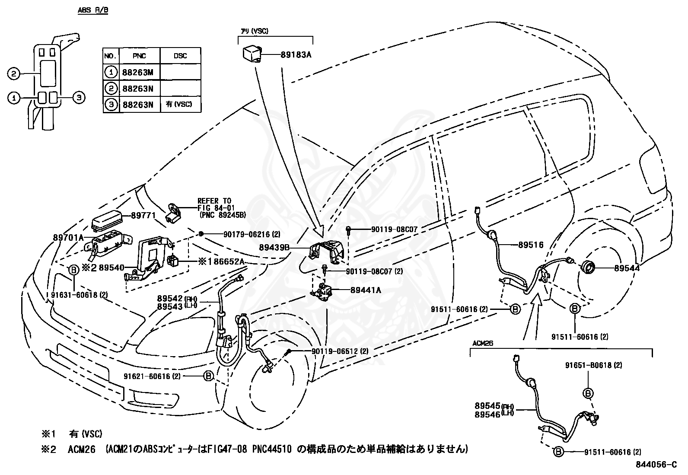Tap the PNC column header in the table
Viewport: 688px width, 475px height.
[139, 56]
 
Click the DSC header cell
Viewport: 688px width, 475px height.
[180, 56]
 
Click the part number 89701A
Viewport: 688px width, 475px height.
[69, 237]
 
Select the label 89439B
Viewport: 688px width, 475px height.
[274, 248]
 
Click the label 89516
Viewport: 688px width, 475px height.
[531, 245]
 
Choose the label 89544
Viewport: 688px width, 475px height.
[627, 268]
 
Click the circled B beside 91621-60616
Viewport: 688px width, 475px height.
[208, 376]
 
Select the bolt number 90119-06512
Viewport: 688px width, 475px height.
[335, 351]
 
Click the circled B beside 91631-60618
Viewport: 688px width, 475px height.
[73, 270]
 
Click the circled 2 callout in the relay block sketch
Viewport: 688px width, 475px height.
[14, 74]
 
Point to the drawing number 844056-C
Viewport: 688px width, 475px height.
[656, 465]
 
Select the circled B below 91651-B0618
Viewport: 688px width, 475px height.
[588, 393]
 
